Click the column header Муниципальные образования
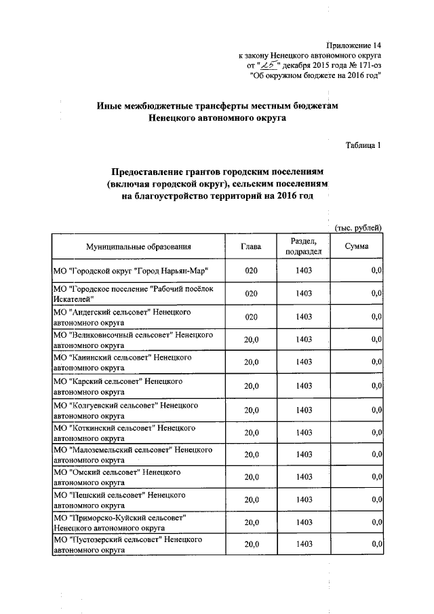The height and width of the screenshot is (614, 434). (138, 246)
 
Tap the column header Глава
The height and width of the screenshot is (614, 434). (251, 246)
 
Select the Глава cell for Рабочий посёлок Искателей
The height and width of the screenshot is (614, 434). (251, 294)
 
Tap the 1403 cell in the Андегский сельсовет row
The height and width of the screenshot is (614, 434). (304, 317)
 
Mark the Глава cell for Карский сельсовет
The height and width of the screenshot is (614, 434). (251, 386)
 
